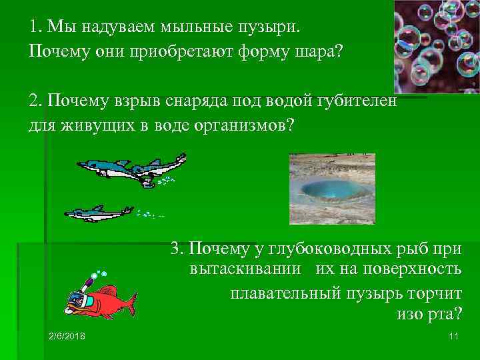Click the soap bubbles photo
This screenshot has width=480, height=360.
pyautogui.click(x=436, y=46)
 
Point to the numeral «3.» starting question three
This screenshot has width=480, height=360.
pyautogui.click(x=177, y=249)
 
